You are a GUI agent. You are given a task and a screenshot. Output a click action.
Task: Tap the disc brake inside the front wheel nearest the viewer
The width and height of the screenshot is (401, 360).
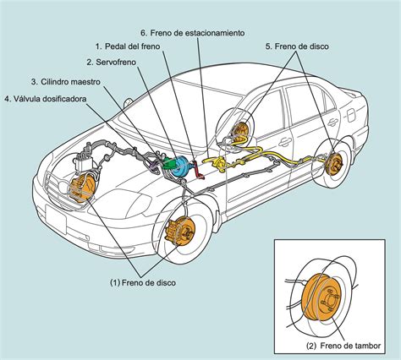click(179, 231)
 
